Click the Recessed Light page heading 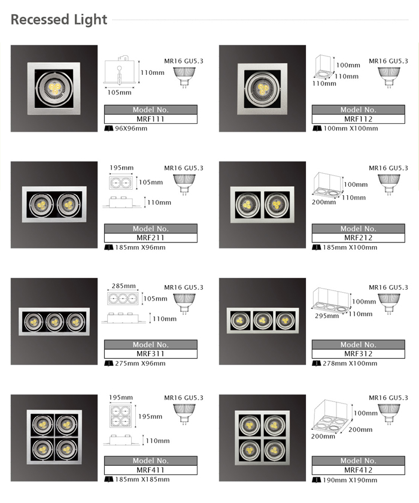[59, 20]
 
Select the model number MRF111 [150, 119]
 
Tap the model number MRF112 [358, 119]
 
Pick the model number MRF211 [150, 238]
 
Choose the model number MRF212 [358, 238]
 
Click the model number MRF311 [150, 353]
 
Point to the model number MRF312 [358, 353]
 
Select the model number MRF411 [150, 470]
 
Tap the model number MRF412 [358, 470]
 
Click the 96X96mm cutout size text [131, 128]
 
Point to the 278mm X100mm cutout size [350, 363]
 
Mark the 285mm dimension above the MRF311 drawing [123, 286]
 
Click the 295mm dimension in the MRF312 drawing [327, 316]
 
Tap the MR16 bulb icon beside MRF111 [184, 77]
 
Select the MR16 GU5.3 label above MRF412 [388, 398]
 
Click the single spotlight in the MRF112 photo [262, 89]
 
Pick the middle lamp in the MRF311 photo [54, 322]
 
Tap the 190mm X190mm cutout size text [350, 480]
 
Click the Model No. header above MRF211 [150, 229]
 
